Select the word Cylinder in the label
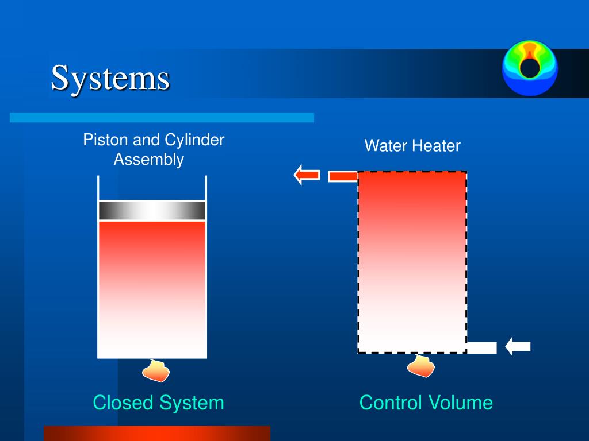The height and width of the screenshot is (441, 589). (x=194, y=140)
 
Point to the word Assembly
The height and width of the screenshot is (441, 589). (x=148, y=160)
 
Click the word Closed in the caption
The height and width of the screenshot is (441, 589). (x=124, y=403)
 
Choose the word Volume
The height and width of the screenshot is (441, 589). (x=462, y=403)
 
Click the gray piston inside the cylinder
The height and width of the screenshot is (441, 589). (x=152, y=211)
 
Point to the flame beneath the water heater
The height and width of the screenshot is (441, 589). (x=421, y=366)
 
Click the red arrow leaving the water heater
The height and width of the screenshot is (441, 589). (x=307, y=175)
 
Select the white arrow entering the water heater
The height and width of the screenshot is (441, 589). (x=518, y=346)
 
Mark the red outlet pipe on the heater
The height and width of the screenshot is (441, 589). (x=343, y=176)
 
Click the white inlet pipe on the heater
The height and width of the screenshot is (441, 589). (x=481, y=347)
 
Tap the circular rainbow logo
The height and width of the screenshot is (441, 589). (x=529, y=67)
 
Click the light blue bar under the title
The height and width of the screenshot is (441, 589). (x=162, y=118)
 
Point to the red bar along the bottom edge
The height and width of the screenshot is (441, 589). (x=156, y=434)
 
